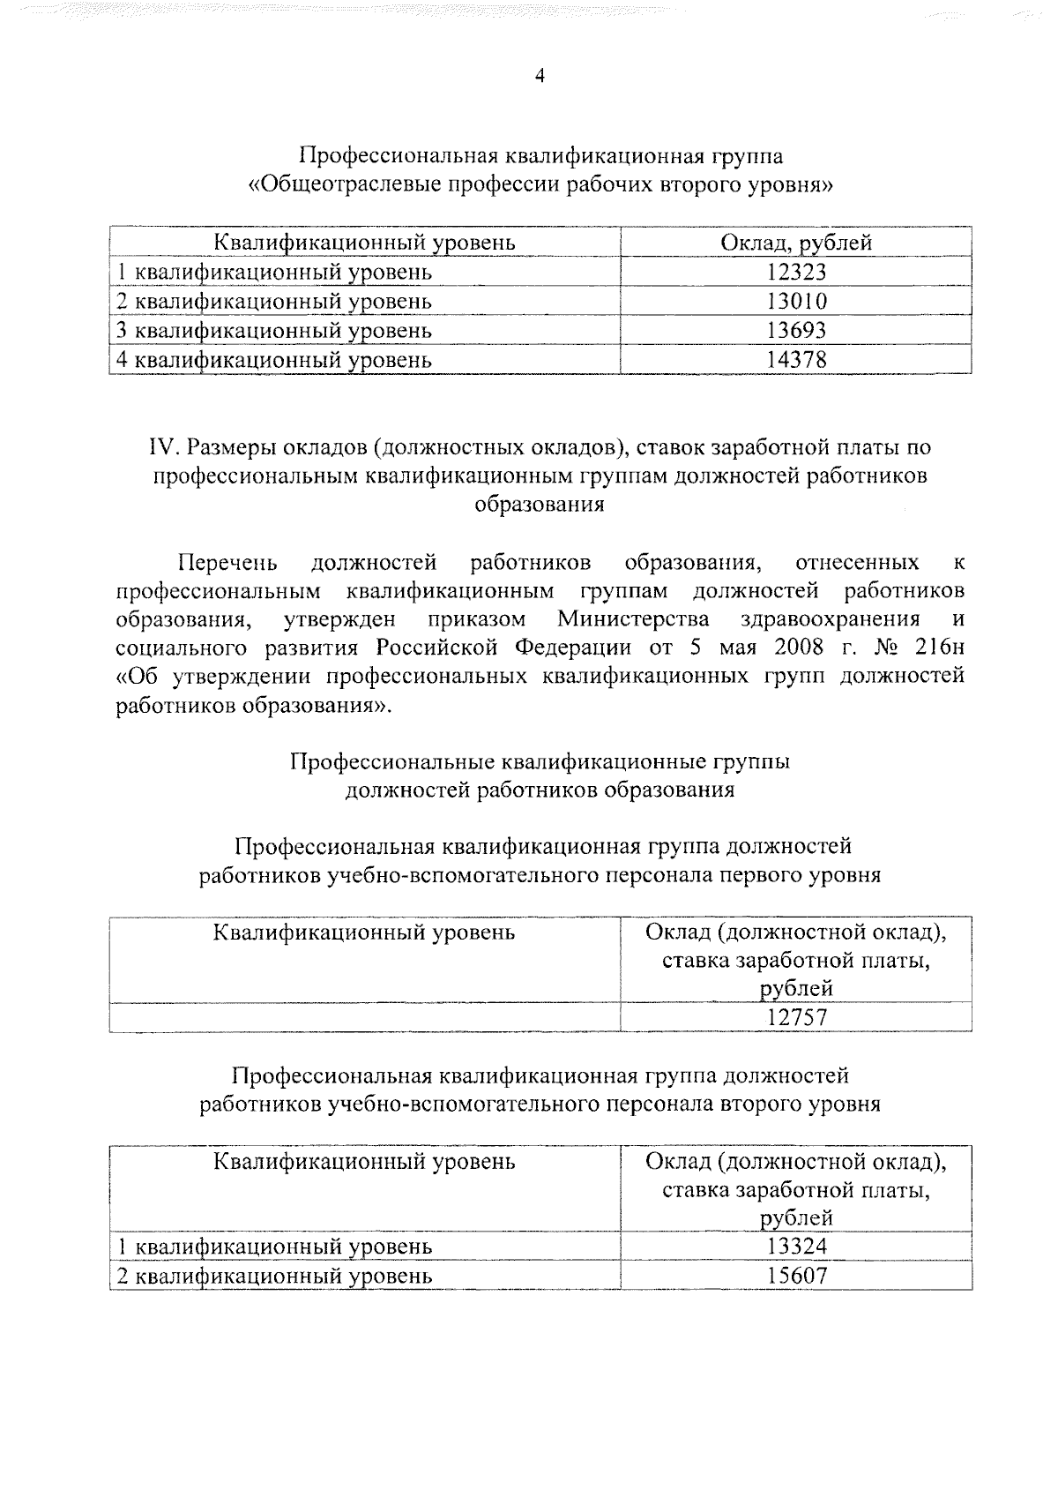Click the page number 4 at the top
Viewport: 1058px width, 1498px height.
pos(540,77)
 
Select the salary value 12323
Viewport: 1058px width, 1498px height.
pos(796,273)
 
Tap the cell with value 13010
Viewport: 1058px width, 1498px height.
pos(796,302)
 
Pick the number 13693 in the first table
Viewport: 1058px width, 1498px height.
pos(796,331)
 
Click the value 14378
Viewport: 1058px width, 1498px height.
pos(796,360)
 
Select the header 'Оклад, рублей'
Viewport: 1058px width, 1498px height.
pos(796,243)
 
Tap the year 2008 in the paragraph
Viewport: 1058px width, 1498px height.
pos(799,648)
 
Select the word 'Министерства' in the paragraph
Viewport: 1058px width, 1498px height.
pos(633,618)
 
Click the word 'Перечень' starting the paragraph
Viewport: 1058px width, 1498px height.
pos(228,563)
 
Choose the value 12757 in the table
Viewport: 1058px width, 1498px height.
pos(796,1018)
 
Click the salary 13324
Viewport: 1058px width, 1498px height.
pos(796,1247)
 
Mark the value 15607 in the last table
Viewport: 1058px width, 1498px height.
pos(796,1276)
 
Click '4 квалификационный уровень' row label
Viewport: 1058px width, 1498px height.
pos(274,360)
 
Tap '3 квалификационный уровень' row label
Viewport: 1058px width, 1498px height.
pos(274,331)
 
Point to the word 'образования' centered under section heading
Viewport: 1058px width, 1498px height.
pos(540,505)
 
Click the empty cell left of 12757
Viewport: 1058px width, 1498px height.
pos(364,1018)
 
